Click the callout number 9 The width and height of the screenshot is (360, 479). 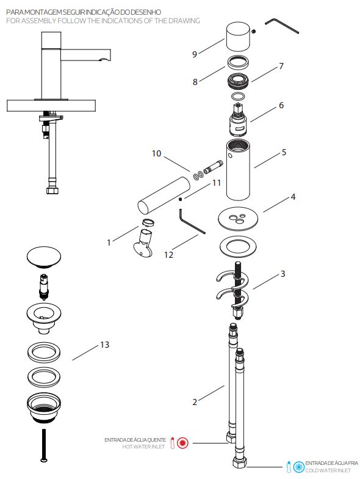195,54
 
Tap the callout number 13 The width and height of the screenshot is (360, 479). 105,345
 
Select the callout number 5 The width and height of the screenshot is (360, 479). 284,152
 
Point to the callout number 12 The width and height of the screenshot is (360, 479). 168,254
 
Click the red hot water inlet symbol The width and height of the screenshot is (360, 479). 183,442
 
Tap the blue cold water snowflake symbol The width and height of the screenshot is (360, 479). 299,467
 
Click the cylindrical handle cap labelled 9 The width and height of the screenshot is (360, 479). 238,37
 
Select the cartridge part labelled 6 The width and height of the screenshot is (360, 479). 239,120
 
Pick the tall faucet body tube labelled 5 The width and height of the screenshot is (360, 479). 238,170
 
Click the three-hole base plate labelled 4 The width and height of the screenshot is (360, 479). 238,219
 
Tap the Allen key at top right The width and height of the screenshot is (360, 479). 281,26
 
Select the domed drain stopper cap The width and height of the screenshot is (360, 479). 44,257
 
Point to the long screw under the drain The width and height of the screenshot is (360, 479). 44,445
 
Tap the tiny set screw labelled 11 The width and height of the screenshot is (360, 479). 181,199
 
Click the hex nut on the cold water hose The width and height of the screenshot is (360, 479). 239,462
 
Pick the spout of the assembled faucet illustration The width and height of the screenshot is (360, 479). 85,54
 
